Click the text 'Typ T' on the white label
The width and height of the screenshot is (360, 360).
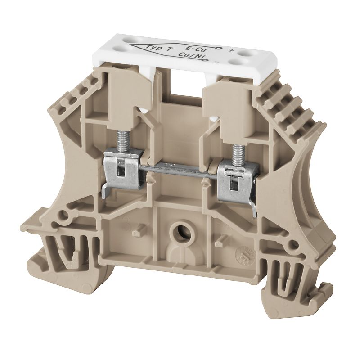(x=153, y=47)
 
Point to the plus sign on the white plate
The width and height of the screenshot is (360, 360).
(x=231, y=50)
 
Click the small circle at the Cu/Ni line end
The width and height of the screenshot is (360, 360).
(x=210, y=58)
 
